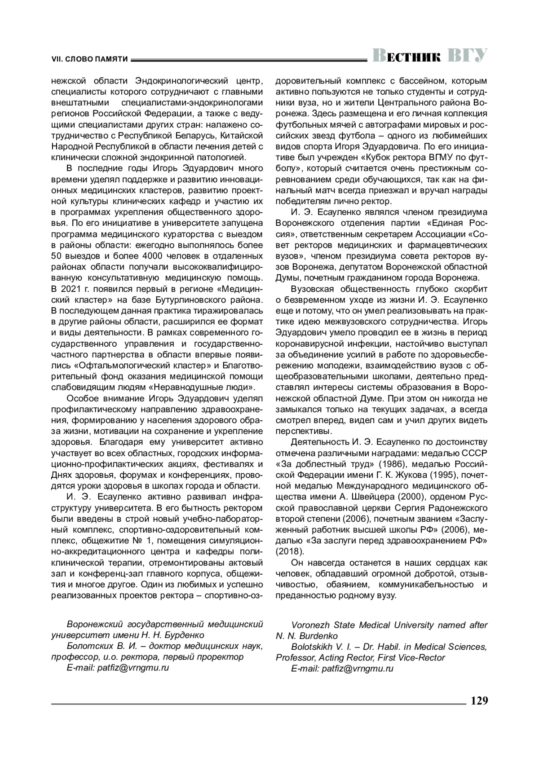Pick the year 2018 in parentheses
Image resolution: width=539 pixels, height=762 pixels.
coord(290,551)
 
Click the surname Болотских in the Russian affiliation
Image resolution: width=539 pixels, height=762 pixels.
coord(91,646)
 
